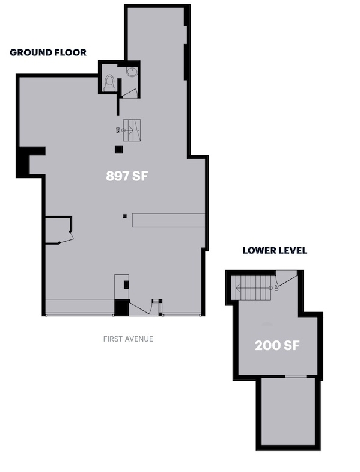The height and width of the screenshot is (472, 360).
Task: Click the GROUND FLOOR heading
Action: coord(48,52)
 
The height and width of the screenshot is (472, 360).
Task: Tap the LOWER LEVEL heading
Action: coord(275,251)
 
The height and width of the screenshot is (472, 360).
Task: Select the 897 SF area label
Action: coord(127,176)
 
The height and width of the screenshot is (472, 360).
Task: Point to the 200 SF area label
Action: coord(277,345)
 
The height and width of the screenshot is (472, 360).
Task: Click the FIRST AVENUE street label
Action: coord(128,339)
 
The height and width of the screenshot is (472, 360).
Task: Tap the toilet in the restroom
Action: coord(109,83)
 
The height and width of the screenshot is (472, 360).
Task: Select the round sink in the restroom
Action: coord(132,72)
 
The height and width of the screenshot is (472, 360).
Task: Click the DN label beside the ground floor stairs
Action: coord(118,130)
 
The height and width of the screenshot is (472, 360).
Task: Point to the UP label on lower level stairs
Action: coord(276,288)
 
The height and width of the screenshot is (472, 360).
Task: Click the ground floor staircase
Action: coord(132,130)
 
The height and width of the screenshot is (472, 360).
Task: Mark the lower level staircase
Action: coord(253,288)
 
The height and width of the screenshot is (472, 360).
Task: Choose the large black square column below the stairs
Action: coord(119,149)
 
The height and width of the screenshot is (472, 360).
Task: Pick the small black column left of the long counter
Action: coord(125,216)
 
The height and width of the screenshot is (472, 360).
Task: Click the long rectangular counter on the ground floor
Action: coord(168,220)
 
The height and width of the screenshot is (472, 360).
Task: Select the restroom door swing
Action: coord(130,94)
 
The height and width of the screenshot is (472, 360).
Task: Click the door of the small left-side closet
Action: coord(67,238)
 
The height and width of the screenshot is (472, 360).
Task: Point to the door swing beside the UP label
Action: coord(287,278)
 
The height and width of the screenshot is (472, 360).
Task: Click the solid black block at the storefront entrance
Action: coord(121,308)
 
